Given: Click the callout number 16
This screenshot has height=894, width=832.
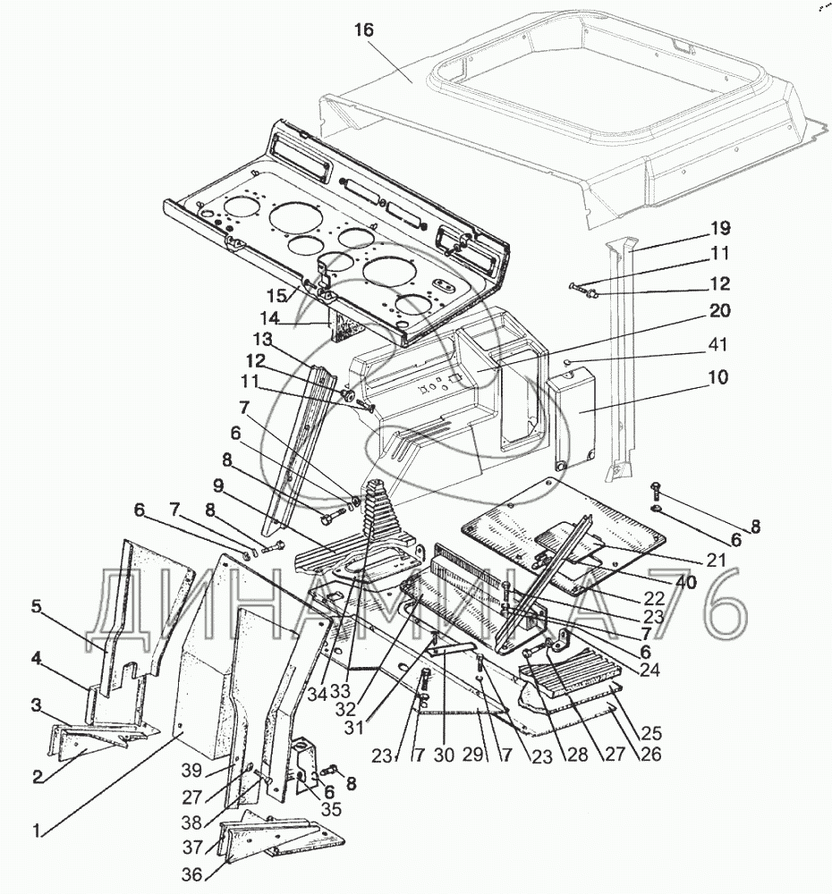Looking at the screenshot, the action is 363,30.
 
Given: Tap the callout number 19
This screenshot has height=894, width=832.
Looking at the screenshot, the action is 721,228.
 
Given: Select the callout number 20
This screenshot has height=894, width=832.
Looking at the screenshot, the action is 719,311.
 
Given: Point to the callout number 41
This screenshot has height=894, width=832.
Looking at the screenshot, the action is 717,344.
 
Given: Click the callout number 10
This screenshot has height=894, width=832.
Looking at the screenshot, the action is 719,377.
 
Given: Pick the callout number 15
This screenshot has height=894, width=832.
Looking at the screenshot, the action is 277,296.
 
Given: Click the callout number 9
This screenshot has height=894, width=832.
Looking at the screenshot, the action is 217,485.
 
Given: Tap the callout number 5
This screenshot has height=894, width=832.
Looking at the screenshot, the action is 36,607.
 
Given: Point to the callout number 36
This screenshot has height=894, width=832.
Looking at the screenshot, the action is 192,873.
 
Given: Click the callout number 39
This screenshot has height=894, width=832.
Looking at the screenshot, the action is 191,770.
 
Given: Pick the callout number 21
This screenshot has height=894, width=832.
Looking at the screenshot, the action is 716,560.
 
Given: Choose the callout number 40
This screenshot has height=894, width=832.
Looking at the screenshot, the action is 686,582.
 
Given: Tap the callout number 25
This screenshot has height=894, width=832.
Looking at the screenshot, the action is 651,732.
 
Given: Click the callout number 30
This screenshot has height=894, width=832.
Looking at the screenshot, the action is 444,755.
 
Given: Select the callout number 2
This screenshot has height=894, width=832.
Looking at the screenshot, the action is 38,777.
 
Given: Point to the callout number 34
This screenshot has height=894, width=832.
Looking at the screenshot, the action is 318,695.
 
